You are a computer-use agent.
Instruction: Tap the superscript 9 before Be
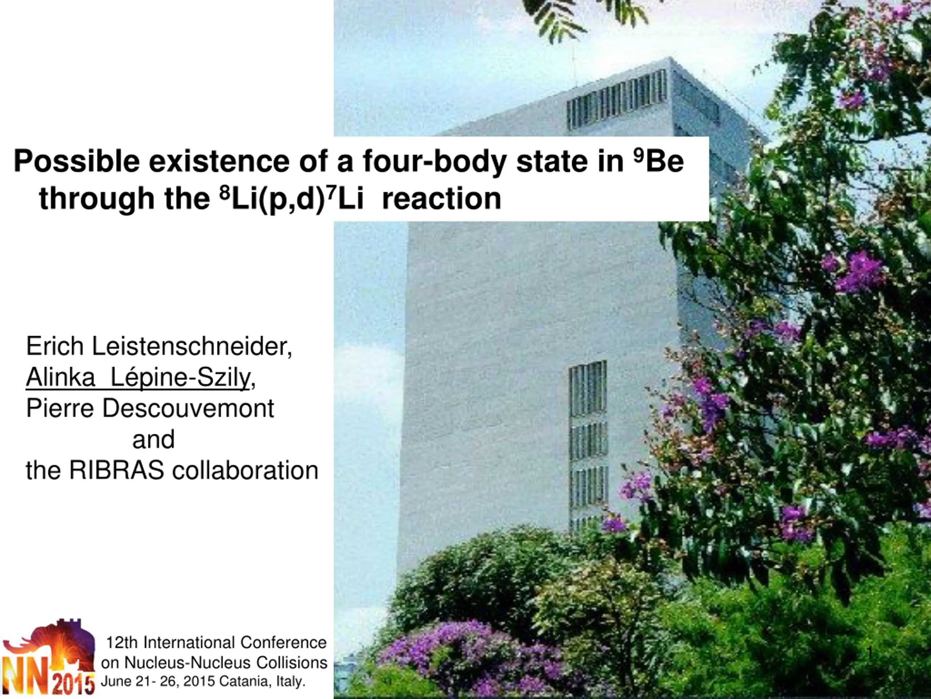(639, 157)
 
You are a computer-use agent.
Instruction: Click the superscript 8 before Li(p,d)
(225, 193)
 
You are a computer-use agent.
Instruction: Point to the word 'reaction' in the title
(441, 199)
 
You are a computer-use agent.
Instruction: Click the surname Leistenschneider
(192, 346)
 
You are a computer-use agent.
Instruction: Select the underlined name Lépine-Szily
(180, 378)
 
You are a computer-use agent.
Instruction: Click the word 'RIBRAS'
(117, 470)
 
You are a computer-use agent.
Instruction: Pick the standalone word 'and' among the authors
(153, 439)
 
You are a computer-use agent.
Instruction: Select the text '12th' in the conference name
(122, 643)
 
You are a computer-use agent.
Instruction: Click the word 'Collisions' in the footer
(292, 662)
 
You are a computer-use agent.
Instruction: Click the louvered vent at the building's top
(617, 99)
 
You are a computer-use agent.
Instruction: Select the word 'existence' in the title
(219, 161)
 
